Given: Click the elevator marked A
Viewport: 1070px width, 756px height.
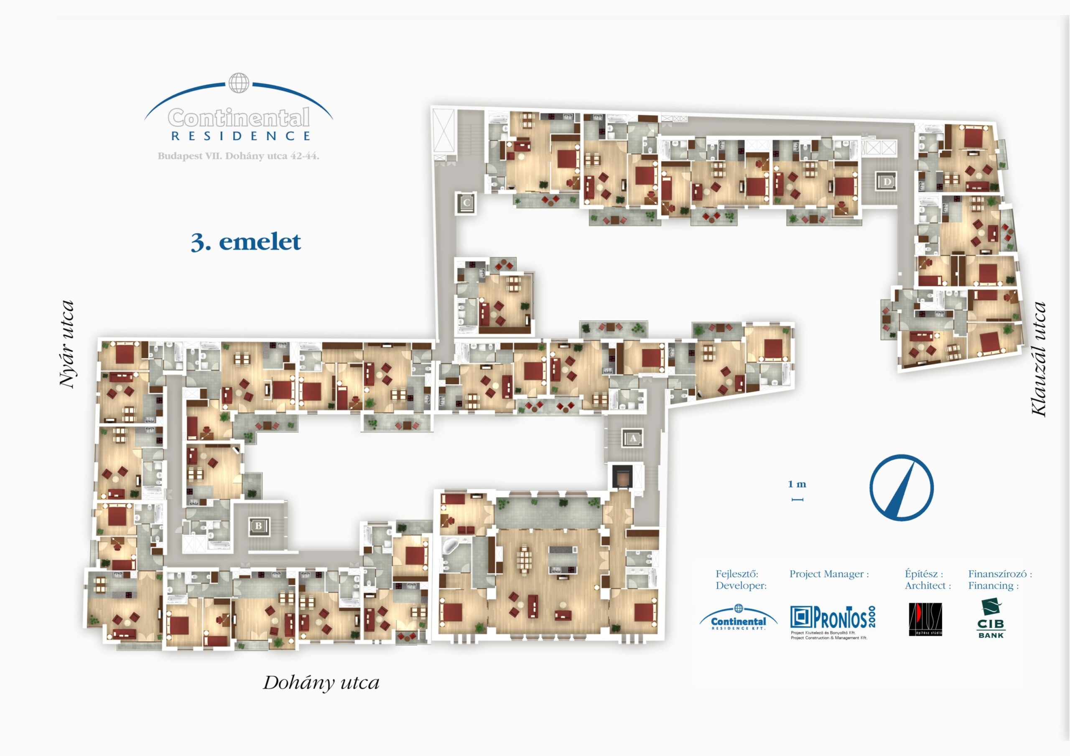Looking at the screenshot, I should tap(632, 438).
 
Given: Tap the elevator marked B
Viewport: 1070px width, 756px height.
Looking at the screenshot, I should tap(259, 526).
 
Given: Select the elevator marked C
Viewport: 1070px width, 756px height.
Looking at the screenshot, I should tap(466, 203).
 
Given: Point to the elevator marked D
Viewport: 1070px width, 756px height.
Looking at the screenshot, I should tap(887, 181).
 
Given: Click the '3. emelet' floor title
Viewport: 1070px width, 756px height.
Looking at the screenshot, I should tap(246, 242).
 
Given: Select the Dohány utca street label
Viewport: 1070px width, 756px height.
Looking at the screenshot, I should tap(321, 683).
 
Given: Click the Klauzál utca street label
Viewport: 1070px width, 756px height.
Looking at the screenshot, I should tap(1038, 359).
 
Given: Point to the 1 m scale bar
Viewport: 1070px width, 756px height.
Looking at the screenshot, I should tap(797, 500).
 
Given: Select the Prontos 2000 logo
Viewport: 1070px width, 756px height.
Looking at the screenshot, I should tap(832, 618).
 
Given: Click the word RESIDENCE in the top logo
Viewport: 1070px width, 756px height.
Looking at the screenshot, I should tap(241, 136).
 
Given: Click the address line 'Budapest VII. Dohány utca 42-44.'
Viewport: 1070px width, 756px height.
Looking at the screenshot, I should tap(238, 157).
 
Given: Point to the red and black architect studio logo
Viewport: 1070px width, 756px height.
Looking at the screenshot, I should tap(925, 619).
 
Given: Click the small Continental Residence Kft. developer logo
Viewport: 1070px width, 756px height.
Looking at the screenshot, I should tap(738, 618).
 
